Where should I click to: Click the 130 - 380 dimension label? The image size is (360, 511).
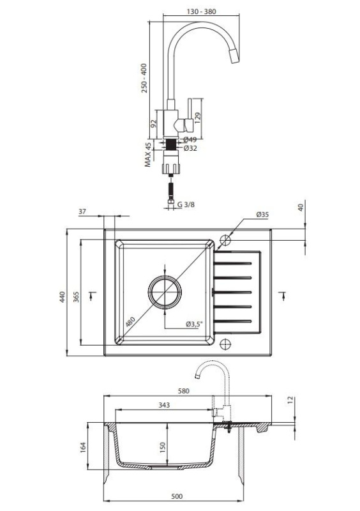tap(201, 11)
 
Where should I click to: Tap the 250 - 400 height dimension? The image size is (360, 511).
tap(144, 78)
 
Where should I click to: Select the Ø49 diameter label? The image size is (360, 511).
tap(190, 140)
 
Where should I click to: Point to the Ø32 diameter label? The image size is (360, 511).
tap(190, 148)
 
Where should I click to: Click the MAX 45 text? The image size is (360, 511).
tap(148, 155)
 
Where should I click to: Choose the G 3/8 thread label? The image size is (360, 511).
tap(186, 204)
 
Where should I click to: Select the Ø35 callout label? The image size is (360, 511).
tap(262, 215)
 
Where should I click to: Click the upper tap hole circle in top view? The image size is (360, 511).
tap(225, 241)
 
